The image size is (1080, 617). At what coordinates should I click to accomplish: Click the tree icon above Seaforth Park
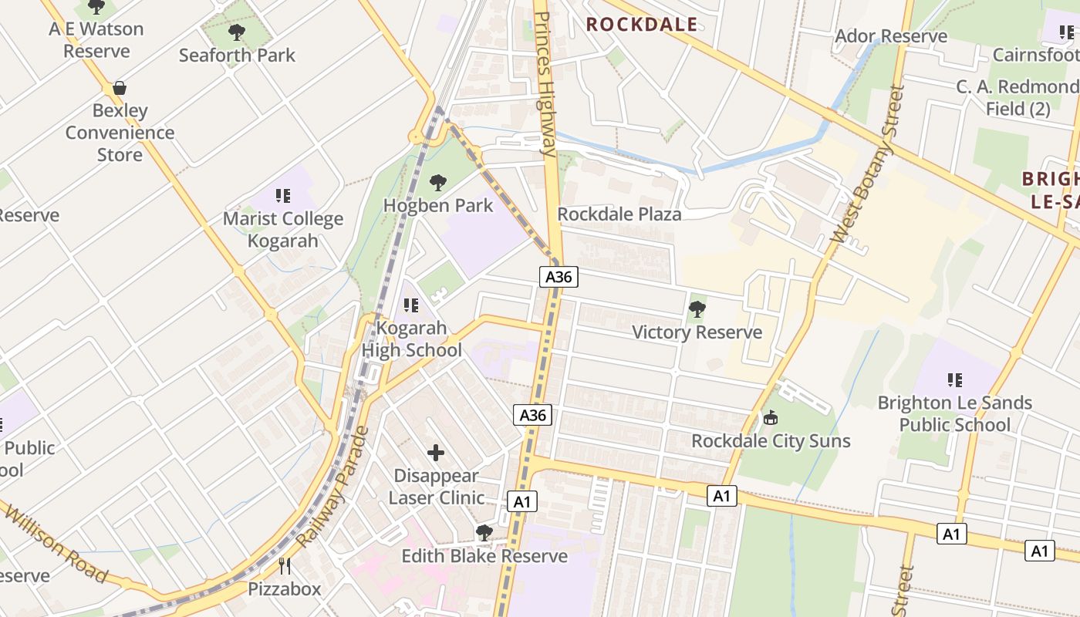click(237, 32)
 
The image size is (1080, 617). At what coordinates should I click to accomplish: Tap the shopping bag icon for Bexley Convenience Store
click(120, 88)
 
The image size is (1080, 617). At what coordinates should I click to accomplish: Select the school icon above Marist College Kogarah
click(282, 196)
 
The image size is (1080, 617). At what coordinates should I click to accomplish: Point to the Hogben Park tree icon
click(438, 183)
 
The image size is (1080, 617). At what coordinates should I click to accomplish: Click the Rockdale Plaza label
click(619, 214)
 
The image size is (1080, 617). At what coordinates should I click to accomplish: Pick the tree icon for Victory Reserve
click(697, 309)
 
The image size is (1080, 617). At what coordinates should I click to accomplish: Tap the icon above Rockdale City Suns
click(770, 418)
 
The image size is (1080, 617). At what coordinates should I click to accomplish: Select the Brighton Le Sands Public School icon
click(955, 379)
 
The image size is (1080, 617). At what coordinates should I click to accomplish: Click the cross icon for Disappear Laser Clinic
click(436, 453)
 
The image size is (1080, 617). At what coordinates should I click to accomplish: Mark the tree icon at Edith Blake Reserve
click(484, 533)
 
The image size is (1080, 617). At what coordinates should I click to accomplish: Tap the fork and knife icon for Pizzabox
click(285, 566)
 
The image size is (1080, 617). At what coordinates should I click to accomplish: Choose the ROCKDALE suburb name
click(642, 24)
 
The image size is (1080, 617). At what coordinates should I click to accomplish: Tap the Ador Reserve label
click(891, 36)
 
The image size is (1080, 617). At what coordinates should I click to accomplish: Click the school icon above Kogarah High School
click(411, 305)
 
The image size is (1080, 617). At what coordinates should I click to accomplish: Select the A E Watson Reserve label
click(96, 40)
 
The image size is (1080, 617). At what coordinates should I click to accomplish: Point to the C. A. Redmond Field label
click(1018, 97)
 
